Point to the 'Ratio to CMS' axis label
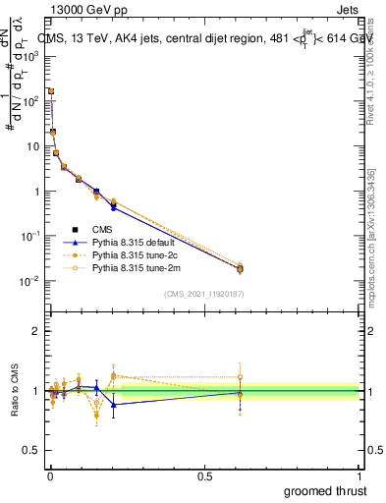pos(15,391)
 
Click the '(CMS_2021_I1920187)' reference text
pos(204,293)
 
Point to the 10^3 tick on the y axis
pos(31,56)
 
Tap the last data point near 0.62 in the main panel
pos(240,268)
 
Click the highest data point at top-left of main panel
pos(50,90)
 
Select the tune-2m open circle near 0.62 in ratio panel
pos(240,377)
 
